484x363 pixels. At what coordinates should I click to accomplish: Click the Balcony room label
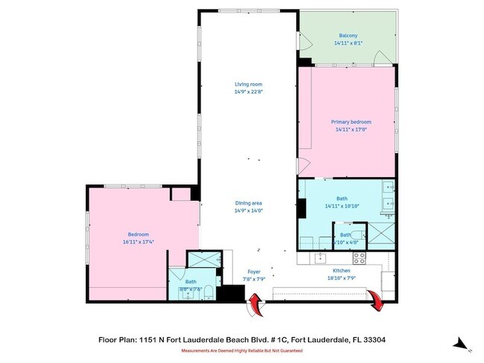[x=346, y=35]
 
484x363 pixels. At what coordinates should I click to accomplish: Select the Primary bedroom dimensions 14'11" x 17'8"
[x=351, y=129]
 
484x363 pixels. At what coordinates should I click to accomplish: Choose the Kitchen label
[x=341, y=271]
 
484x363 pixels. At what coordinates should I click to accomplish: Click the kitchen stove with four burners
[x=359, y=258]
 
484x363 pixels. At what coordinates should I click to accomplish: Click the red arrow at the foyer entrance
[x=255, y=303]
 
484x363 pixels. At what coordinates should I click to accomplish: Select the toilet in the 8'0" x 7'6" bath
[x=210, y=290]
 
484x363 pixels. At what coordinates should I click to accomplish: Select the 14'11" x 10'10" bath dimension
[x=342, y=206]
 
